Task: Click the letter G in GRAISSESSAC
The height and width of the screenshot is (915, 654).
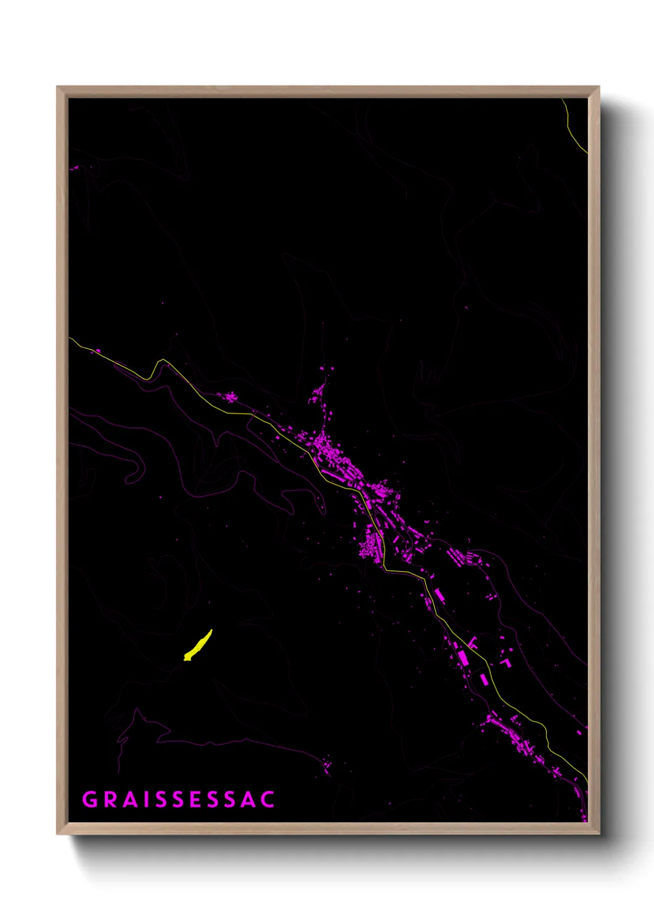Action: pyautogui.click(x=90, y=799)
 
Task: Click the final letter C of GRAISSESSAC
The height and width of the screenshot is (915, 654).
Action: pyautogui.click(x=268, y=799)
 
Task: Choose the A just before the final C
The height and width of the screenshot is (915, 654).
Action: pyautogui.click(x=248, y=799)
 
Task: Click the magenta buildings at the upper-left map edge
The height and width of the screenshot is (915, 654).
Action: pyautogui.click(x=75, y=167)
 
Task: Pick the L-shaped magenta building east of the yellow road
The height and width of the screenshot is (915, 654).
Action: pyautogui.click(x=506, y=662)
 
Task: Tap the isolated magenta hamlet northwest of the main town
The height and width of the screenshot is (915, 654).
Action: pyautogui.click(x=229, y=397)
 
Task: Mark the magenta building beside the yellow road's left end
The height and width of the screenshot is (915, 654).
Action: pyautogui.click(x=96, y=351)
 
